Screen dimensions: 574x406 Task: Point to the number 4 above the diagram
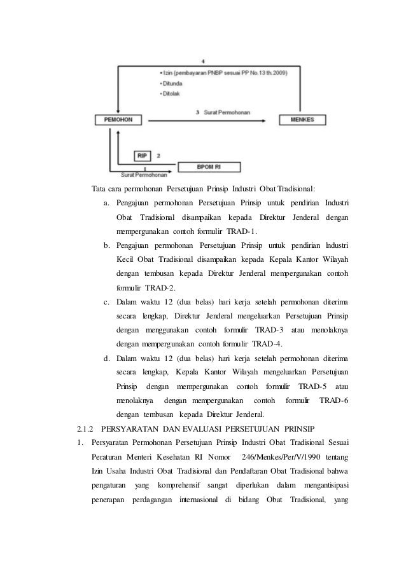(x=202, y=61)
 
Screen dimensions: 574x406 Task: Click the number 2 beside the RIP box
(x=158, y=154)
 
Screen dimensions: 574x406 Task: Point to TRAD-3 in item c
(x=269, y=330)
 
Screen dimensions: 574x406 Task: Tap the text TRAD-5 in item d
(x=313, y=386)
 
